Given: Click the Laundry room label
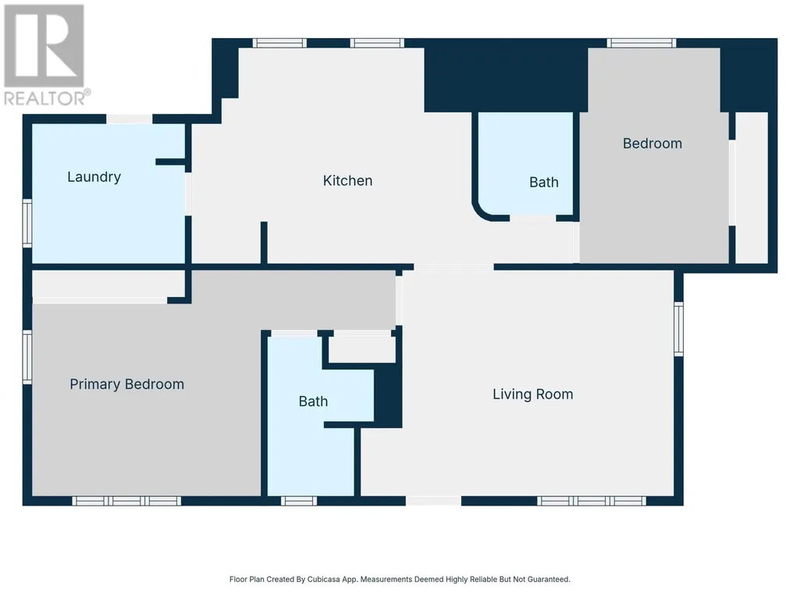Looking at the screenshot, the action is point(94,177).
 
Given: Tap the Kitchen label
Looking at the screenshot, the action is point(347,180).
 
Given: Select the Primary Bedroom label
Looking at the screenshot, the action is point(126,384).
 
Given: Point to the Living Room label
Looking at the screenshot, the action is point(532,394).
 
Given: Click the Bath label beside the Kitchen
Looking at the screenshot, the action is point(544,182).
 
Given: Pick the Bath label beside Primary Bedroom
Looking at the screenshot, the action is point(313,402).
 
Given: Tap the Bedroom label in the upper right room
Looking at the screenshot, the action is point(652,144).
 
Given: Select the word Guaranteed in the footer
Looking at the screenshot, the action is point(549,579).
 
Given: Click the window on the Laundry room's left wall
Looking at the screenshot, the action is point(27,223).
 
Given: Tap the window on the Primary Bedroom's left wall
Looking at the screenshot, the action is point(27,357).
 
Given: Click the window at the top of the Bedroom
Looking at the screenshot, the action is point(642,43).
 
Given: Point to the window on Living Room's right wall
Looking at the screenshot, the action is point(678,329).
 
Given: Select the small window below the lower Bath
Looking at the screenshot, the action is point(298,501).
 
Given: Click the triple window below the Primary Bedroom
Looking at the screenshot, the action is point(126,501).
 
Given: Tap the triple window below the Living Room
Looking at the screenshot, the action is point(592,501).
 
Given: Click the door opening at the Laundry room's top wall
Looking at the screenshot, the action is point(129,119).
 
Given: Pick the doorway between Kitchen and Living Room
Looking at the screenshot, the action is point(453,267).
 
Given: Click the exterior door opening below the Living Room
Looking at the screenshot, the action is point(434,501).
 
